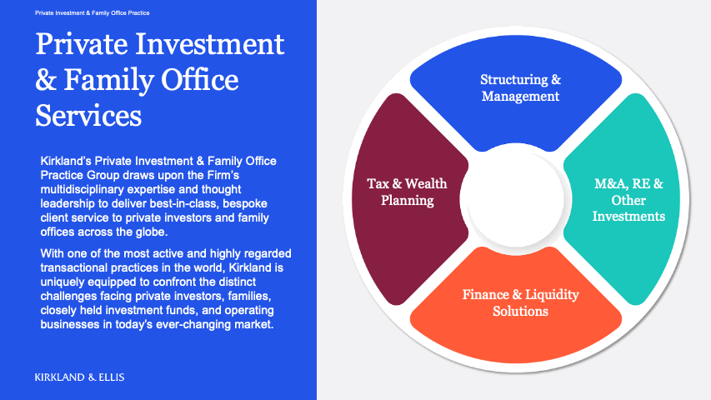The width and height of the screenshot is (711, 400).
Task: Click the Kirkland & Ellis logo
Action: (80, 377)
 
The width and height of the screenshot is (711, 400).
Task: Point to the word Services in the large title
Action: (88, 115)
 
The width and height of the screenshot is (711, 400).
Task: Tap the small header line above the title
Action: (93, 13)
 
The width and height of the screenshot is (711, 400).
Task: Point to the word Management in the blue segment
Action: (520, 96)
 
